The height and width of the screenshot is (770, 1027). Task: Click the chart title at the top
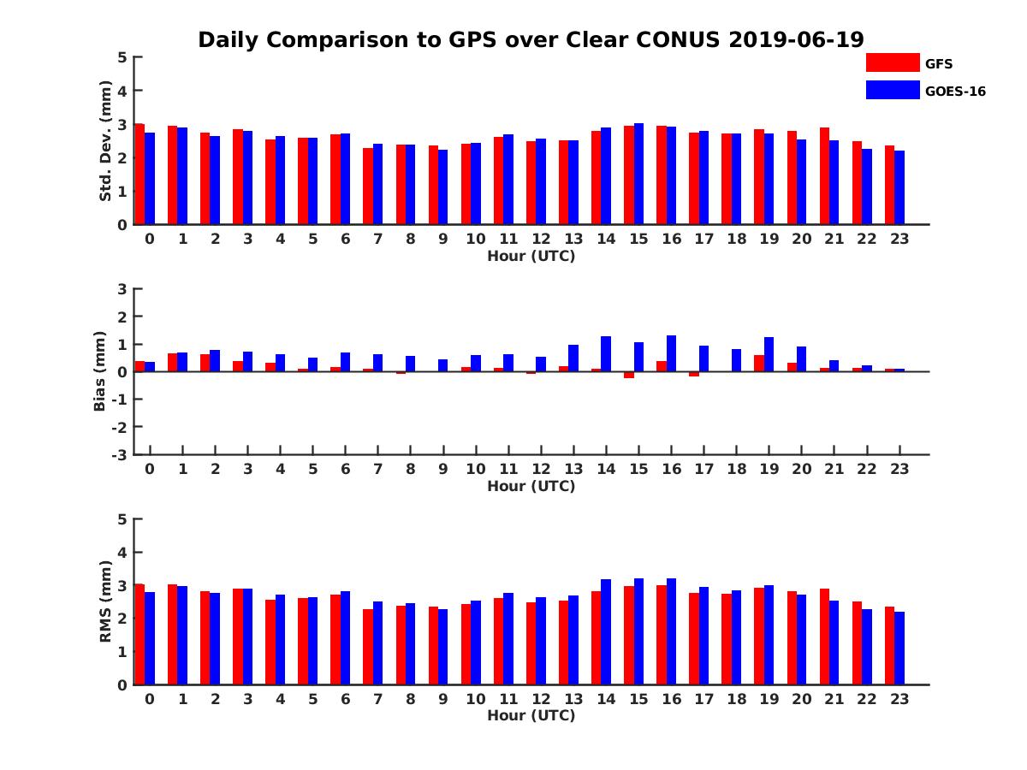click(x=531, y=39)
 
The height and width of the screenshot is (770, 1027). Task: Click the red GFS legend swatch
click(x=892, y=62)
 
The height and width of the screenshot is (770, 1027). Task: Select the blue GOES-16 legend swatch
click(x=892, y=90)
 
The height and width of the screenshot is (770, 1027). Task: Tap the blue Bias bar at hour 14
click(x=606, y=354)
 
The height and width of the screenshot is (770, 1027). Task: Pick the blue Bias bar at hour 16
click(x=671, y=353)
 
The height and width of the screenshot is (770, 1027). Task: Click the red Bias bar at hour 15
click(x=629, y=375)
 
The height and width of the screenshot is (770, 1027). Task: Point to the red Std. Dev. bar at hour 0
click(x=140, y=175)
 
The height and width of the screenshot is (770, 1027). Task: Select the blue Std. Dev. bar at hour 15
click(x=638, y=174)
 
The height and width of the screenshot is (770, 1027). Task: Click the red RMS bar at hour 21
click(x=824, y=637)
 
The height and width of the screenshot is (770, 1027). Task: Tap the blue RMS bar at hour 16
click(x=671, y=631)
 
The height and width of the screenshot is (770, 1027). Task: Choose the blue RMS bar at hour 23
click(x=899, y=648)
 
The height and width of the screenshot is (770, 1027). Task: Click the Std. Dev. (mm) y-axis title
click(x=106, y=141)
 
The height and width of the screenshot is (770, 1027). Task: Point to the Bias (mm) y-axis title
click(x=100, y=372)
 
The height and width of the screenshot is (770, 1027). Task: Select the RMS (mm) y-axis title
click(x=106, y=601)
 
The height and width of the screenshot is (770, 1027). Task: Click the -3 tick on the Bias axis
click(x=121, y=454)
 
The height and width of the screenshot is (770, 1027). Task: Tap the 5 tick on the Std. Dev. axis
click(x=122, y=57)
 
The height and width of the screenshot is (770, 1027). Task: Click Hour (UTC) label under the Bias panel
click(x=531, y=486)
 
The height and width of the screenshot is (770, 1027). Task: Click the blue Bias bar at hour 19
click(x=769, y=354)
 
